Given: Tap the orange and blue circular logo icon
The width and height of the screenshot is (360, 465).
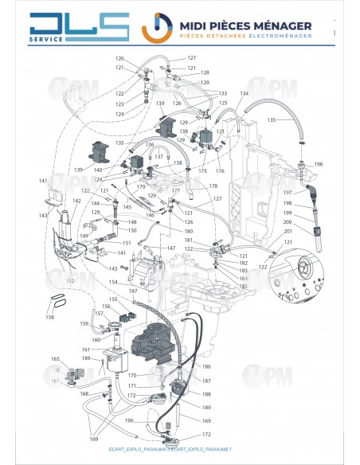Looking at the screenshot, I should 155,28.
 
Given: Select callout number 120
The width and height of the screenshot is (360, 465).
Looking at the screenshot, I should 119,59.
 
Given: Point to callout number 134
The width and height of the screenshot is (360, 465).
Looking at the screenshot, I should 245,94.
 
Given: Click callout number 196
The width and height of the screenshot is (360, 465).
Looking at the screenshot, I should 319,165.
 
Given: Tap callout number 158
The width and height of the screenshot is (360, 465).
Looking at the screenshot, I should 49,317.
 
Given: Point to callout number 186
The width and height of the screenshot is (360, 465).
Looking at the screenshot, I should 206,366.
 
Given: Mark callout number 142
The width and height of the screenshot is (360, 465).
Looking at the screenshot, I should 76,201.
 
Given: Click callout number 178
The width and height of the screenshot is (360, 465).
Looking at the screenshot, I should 213,186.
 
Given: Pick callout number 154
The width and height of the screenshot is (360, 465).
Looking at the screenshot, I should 113,283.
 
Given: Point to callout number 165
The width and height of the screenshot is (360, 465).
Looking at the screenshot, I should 55,359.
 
